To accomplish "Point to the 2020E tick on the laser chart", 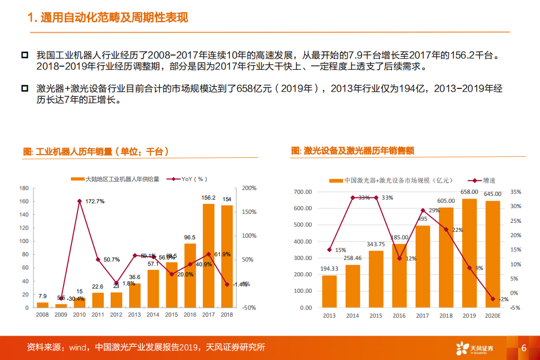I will coord(493,316).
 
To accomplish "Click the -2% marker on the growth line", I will coord(492,299).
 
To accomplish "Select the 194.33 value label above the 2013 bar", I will coord(329,268).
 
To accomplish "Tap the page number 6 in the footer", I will coord(524,348).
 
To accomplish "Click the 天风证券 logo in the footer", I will coord(474,348).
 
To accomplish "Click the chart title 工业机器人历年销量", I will coord(96,152).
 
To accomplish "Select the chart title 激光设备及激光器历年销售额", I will coord(352,151).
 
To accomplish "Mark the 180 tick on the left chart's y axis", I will coord(24,188).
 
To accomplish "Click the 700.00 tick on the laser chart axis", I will coord(303,192).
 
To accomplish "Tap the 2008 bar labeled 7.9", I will coord(42,304).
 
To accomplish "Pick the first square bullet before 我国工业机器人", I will coord(24,56).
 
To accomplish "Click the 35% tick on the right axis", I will coord(516,192).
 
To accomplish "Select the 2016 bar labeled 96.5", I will coord(190,275).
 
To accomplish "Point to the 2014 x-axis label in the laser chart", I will coord(353,316).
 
